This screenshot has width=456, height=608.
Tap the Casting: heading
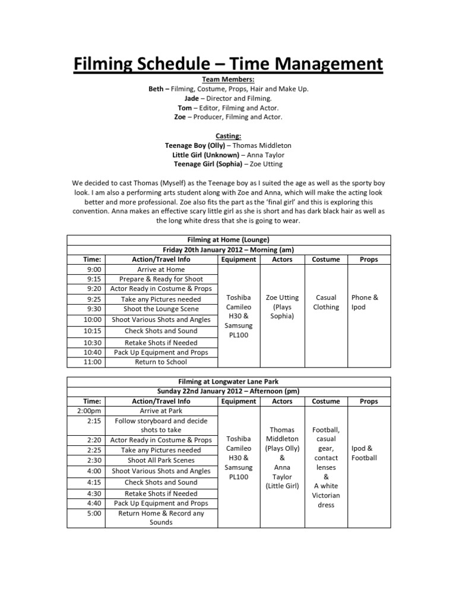[228, 136]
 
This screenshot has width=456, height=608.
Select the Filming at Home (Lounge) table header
[228, 240]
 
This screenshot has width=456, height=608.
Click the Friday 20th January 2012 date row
[228, 249]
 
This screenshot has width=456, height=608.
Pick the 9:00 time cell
[93, 269]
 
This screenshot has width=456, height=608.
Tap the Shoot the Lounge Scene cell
[161, 309]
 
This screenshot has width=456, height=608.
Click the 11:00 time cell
[93, 362]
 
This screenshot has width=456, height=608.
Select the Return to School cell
[161, 362]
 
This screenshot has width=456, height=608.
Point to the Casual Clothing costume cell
[326, 302]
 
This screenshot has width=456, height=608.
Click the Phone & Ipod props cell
[365, 302]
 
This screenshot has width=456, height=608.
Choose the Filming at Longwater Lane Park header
[228, 381]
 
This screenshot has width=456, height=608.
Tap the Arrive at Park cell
[161, 410]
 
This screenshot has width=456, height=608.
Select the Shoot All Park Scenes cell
[161, 460]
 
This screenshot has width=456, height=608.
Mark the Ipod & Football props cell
[364, 453]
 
